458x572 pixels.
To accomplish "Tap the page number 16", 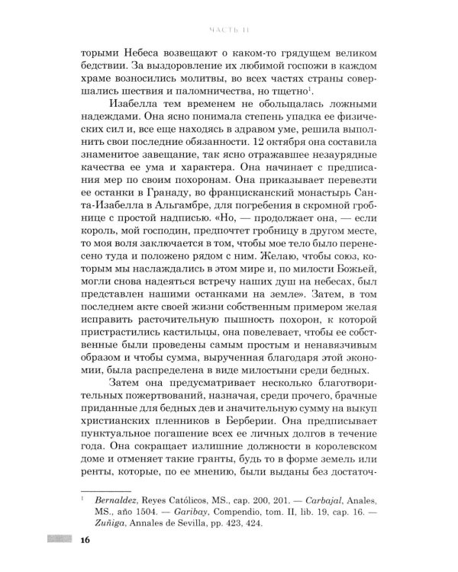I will (x=85, y=540).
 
